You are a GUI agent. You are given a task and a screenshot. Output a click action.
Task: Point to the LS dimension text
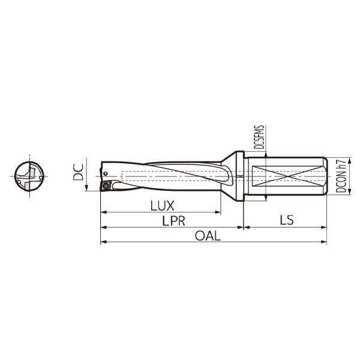[x=286, y=220]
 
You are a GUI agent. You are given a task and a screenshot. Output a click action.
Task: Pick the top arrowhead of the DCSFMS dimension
[x=266, y=155]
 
